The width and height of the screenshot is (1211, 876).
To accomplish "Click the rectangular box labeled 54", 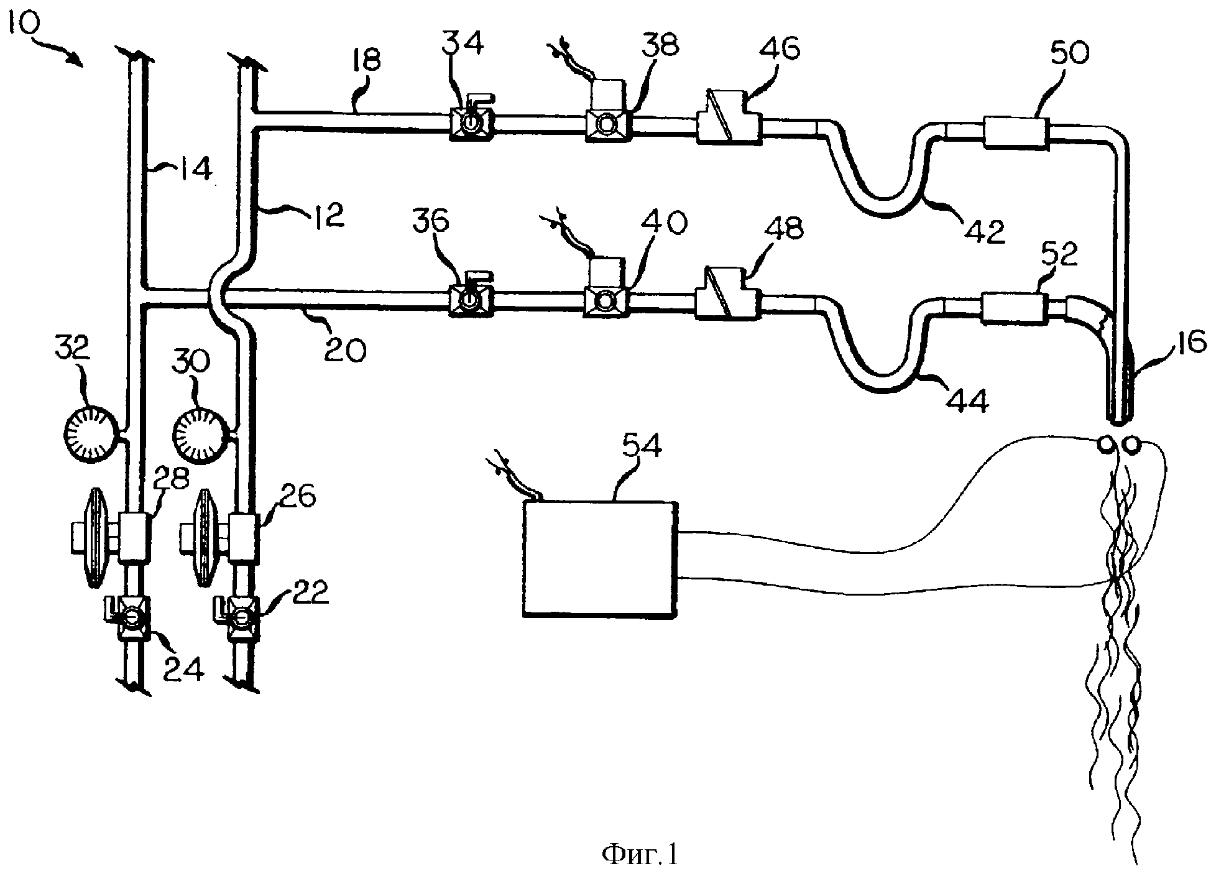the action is pyautogui.click(x=600, y=558).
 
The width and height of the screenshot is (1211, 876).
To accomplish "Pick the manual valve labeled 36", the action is pyautogui.click(x=471, y=298).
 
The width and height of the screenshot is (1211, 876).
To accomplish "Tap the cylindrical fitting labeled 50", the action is pyautogui.click(x=1015, y=132).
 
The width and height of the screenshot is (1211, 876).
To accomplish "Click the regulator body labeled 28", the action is pyautogui.click(x=134, y=536).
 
